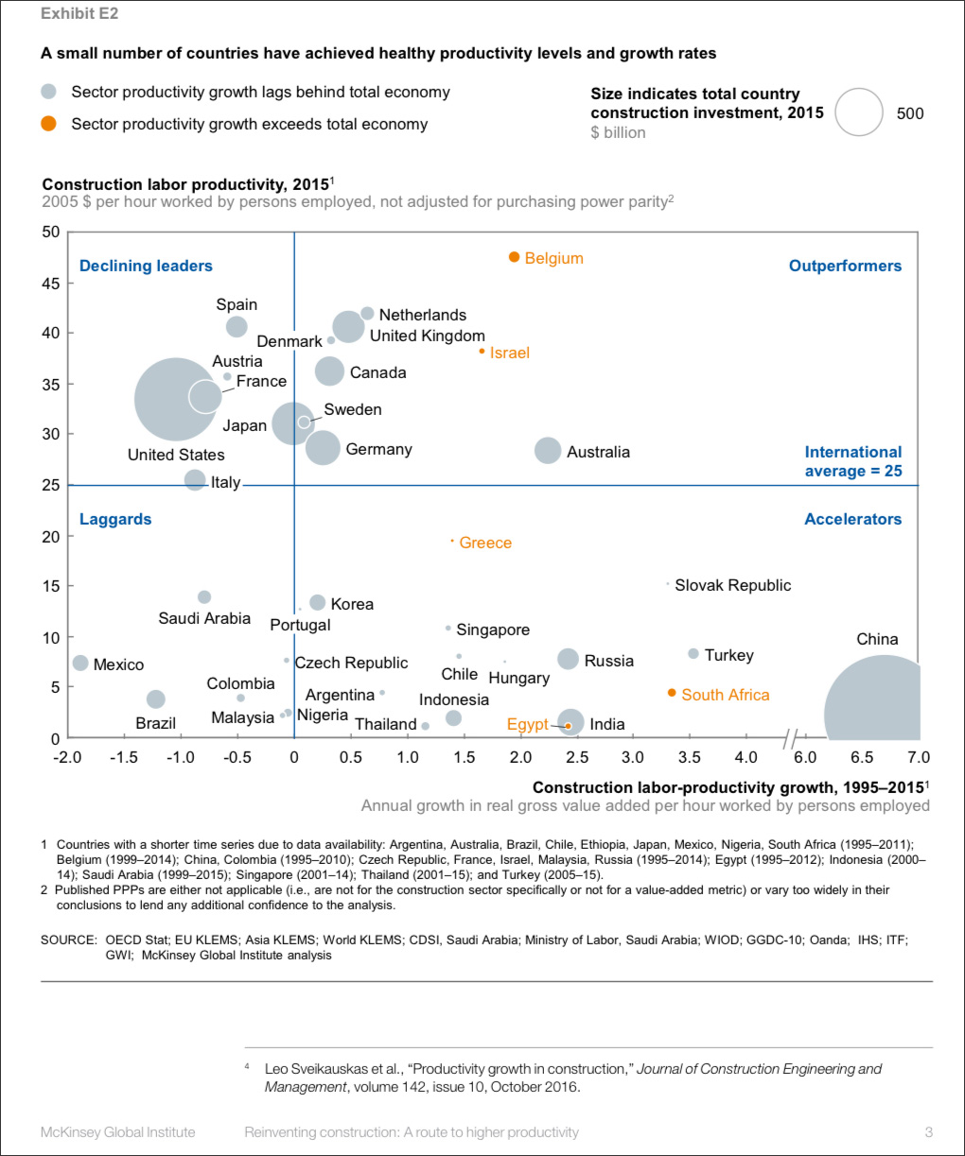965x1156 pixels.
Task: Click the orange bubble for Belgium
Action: pyautogui.click(x=515, y=257)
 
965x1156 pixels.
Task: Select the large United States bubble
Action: pyautogui.click(x=174, y=400)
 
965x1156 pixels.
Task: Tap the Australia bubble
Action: pyautogui.click(x=548, y=451)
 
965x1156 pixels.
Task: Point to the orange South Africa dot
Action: pyautogui.click(x=672, y=693)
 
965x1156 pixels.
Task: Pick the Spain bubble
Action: pyautogui.click(x=237, y=327)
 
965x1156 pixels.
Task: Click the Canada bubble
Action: pyautogui.click(x=329, y=371)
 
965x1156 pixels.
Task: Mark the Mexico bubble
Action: pyautogui.click(x=80, y=664)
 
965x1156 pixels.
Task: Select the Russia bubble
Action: pyautogui.click(x=568, y=659)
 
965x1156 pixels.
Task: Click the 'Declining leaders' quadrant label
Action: pyautogui.click(x=146, y=267)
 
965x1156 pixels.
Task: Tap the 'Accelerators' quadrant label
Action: pyautogui.click(x=852, y=519)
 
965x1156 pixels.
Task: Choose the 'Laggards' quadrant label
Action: pyautogui.click(x=115, y=519)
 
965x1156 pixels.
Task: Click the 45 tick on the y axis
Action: pyautogui.click(x=50, y=284)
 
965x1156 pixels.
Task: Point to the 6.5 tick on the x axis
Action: pyautogui.click(x=862, y=757)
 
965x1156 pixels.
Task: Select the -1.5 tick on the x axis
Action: pyautogui.click(x=123, y=757)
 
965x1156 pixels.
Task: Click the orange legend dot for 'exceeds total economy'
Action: pyautogui.click(x=49, y=124)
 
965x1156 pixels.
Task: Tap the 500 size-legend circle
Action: pyautogui.click(x=858, y=112)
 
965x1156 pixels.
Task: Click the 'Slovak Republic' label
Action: pyautogui.click(x=732, y=585)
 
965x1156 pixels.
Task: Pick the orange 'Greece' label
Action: pyautogui.click(x=485, y=543)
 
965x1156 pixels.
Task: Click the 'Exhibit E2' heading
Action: pyautogui.click(x=79, y=13)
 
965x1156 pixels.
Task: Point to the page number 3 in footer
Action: pyautogui.click(x=928, y=1131)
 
